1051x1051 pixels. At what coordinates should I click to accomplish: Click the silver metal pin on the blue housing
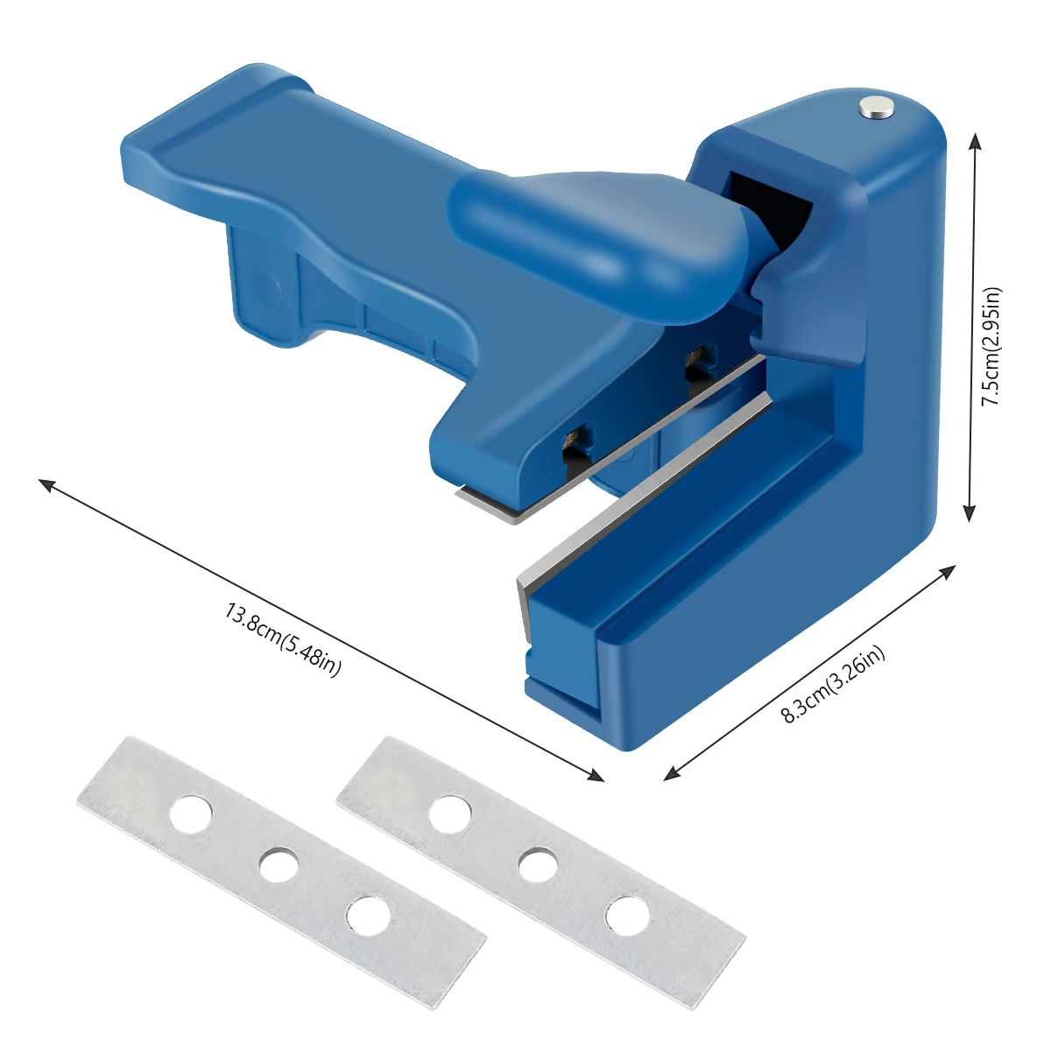tap(877, 106)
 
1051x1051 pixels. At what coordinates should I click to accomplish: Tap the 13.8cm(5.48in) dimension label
tap(283, 639)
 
